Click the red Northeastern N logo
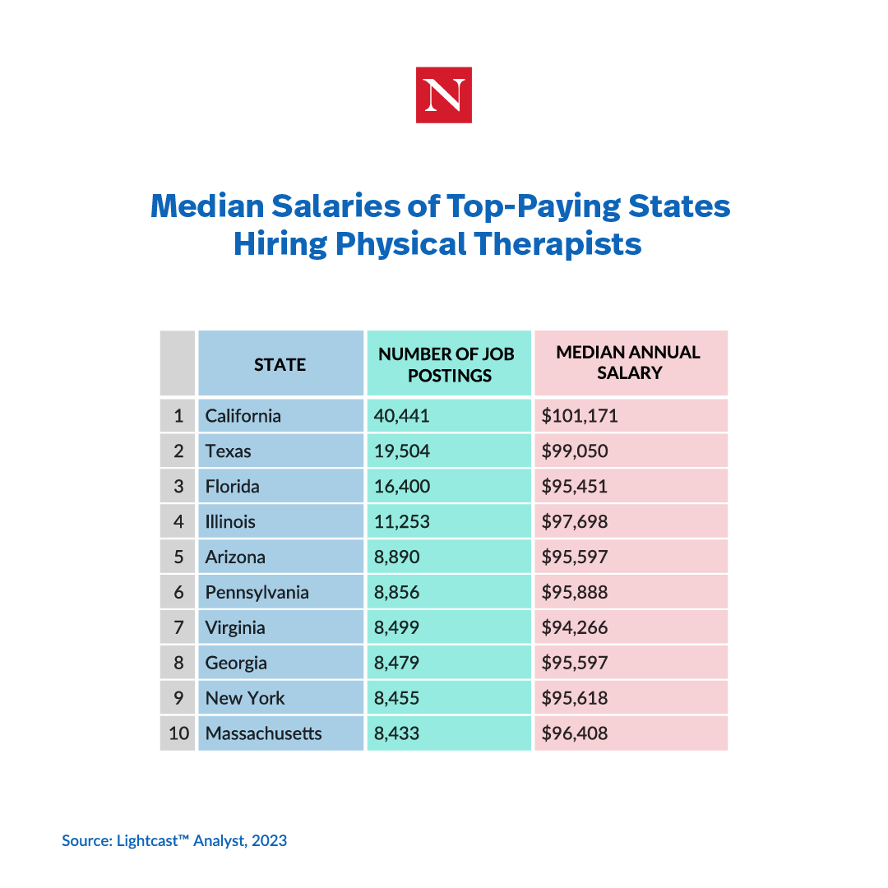[x=443, y=95]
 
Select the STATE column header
[x=280, y=364]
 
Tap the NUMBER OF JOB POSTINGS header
[x=446, y=364]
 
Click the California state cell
[x=243, y=416]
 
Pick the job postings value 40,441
[x=402, y=416]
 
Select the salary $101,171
[x=580, y=416]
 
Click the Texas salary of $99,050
[x=575, y=451]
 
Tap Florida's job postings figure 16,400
[x=402, y=487]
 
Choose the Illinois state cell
[x=231, y=522]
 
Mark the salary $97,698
[x=575, y=522]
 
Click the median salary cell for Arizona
[x=575, y=557]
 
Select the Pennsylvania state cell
[x=257, y=593]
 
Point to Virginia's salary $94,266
[x=575, y=628]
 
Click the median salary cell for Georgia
[x=575, y=664]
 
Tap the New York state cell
[x=245, y=699]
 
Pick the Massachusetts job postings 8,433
[x=397, y=733]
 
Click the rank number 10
[x=178, y=733]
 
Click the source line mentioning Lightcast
[x=174, y=840]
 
